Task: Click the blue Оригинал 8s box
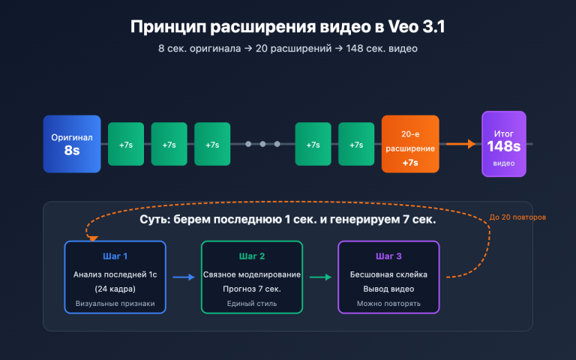click(x=72, y=144)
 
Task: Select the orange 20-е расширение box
click(x=410, y=144)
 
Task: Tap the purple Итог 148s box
click(x=504, y=144)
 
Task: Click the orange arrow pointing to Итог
click(x=460, y=143)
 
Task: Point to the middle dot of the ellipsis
click(x=262, y=143)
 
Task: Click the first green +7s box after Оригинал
click(x=126, y=144)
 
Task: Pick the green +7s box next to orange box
click(x=356, y=144)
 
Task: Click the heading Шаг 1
click(x=115, y=256)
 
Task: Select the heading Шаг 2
click(x=252, y=256)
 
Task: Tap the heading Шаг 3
click(x=388, y=256)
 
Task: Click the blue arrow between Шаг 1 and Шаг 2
click(x=184, y=277)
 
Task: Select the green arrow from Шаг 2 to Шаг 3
click(x=320, y=277)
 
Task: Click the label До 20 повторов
click(x=517, y=217)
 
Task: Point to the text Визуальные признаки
click(x=115, y=304)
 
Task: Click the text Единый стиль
click(x=252, y=304)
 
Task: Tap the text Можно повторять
click(x=388, y=304)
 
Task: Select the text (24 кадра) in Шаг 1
click(x=115, y=289)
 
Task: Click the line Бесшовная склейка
click(x=388, y=274)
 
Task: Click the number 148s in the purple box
click(x=504, y=145)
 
